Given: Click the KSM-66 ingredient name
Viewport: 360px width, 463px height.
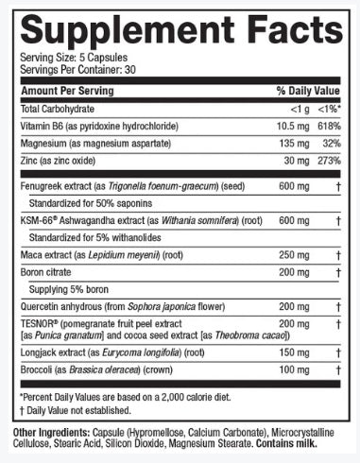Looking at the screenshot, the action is [39, 218].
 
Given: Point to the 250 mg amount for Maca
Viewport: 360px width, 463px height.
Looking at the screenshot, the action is [289, 254].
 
